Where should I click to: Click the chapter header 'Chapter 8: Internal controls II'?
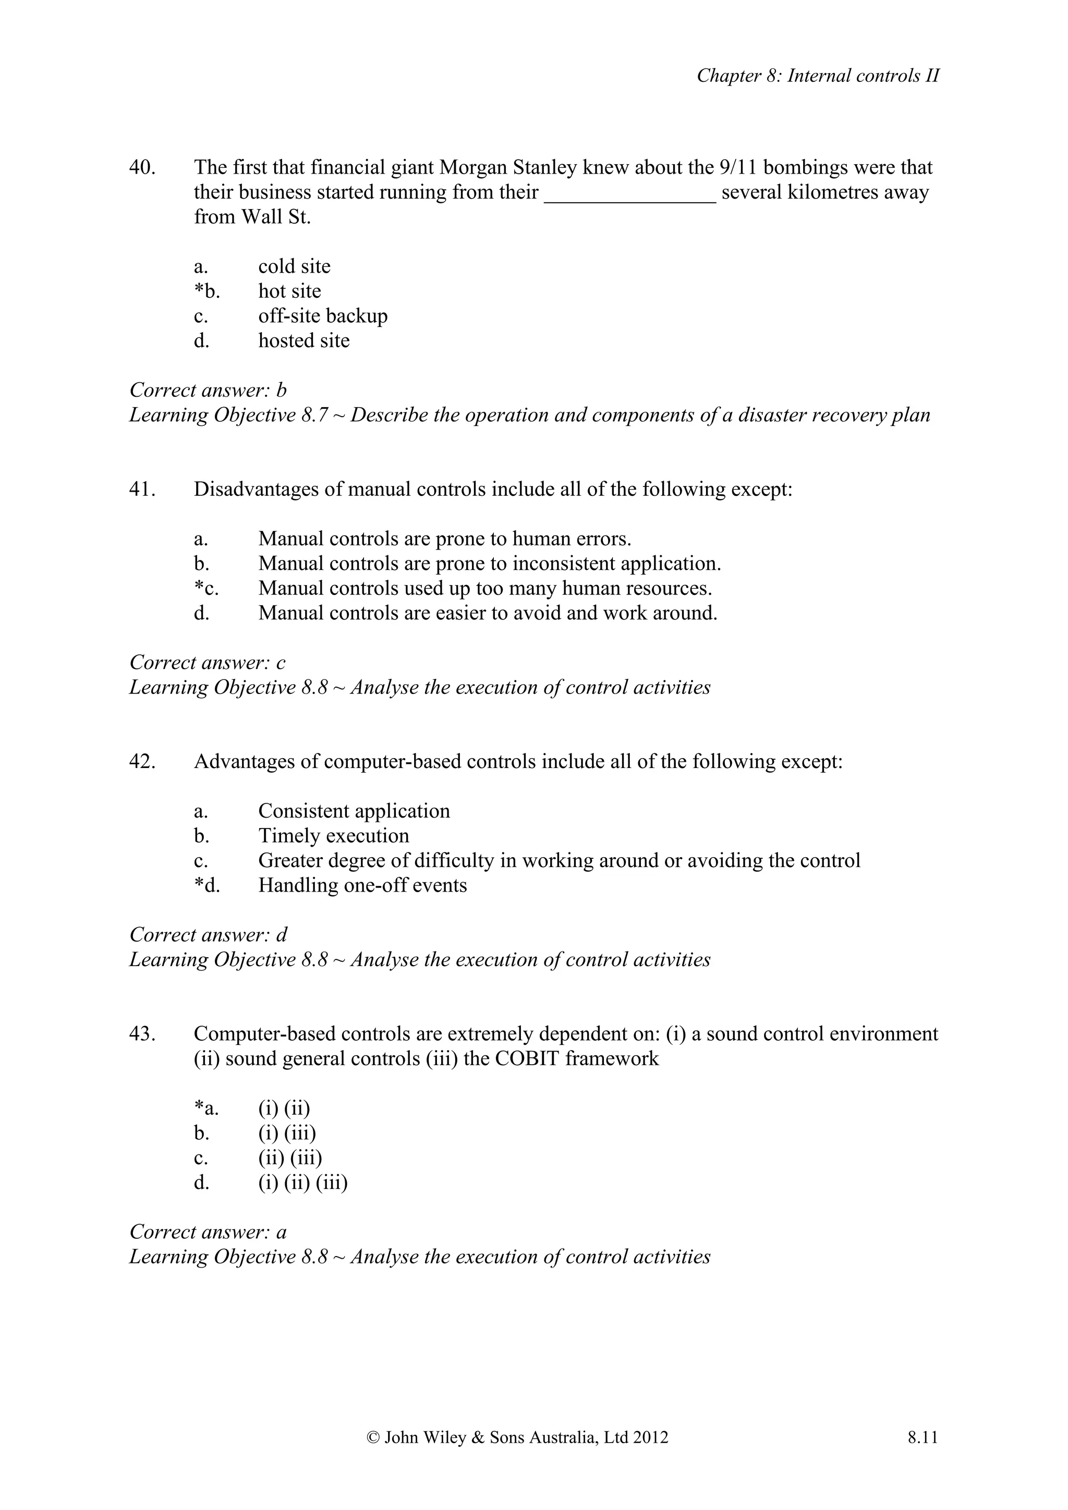(x=818, y=76)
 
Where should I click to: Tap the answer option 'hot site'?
(x=289, y=291)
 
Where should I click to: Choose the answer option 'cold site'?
(x=294, y=266)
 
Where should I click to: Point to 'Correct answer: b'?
(x=208, y=390)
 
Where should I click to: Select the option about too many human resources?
(x=484, y=588)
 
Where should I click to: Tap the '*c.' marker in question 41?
(x=206, y=588)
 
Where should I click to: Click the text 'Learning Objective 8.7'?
(x=227, y=415)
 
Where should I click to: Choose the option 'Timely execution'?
(x=333, y=836)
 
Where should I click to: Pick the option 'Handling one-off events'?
(x=362, y=885)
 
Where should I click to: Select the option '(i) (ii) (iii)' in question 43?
(x=302, y=1183)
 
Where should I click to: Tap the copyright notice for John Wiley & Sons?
(x=517, y=1438)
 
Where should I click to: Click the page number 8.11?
(x=922, y=1438)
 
